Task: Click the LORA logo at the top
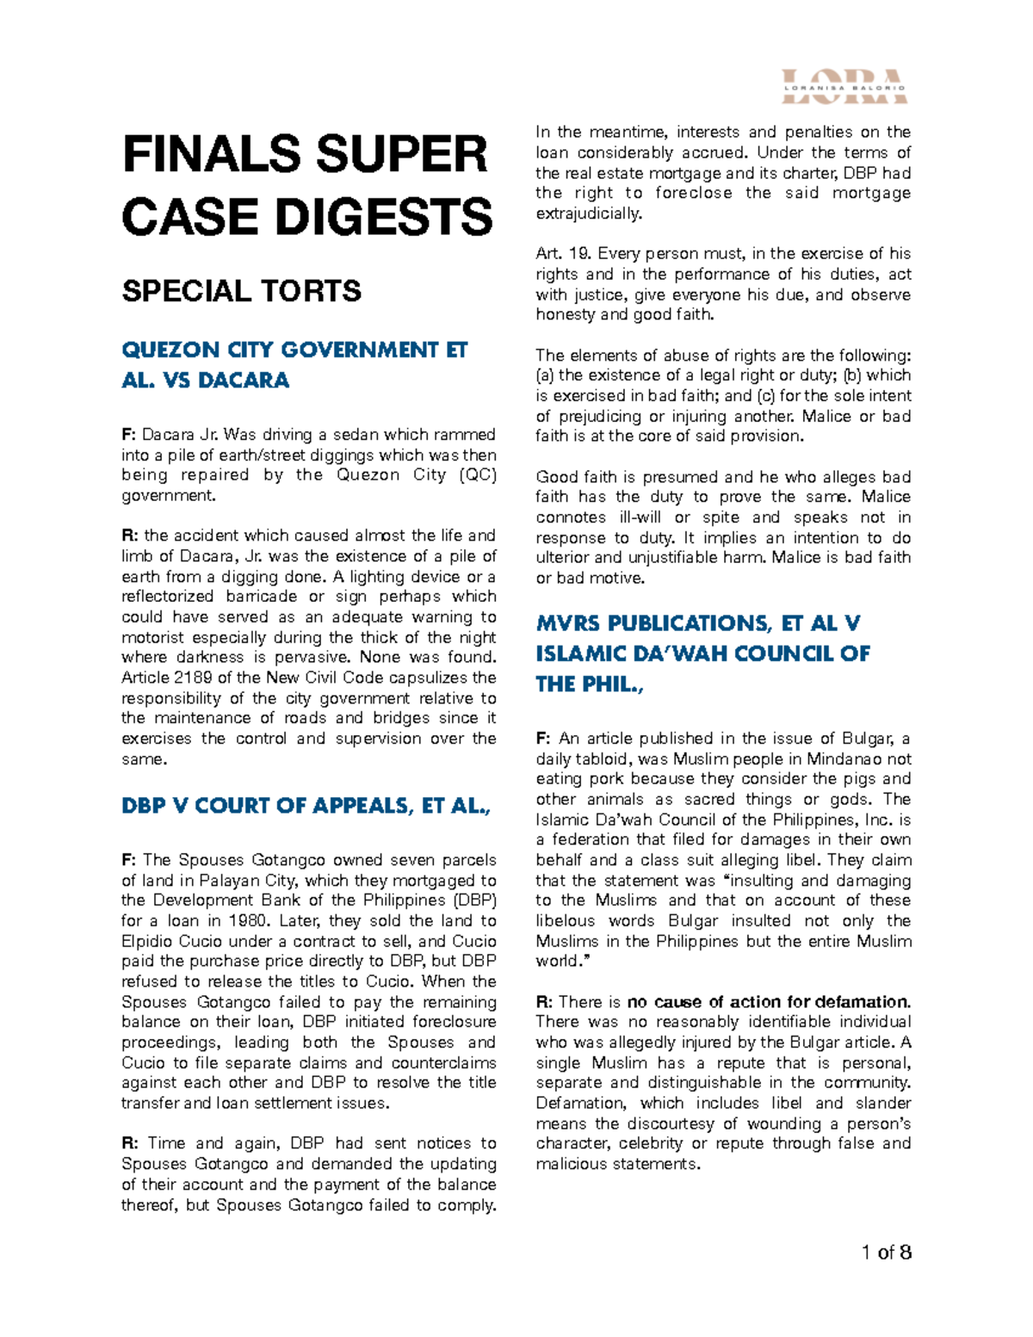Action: tap(844, 86)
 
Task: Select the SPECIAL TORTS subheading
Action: tap(241, 291)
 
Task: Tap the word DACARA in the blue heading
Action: tap(244, 381)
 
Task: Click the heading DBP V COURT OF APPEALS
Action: tap(306, 806)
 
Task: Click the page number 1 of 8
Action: tap(886, 1252)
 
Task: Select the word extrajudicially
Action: tap(589, 214)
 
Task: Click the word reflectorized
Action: tap(167, 597)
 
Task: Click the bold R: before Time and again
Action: tap(130, 1143)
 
